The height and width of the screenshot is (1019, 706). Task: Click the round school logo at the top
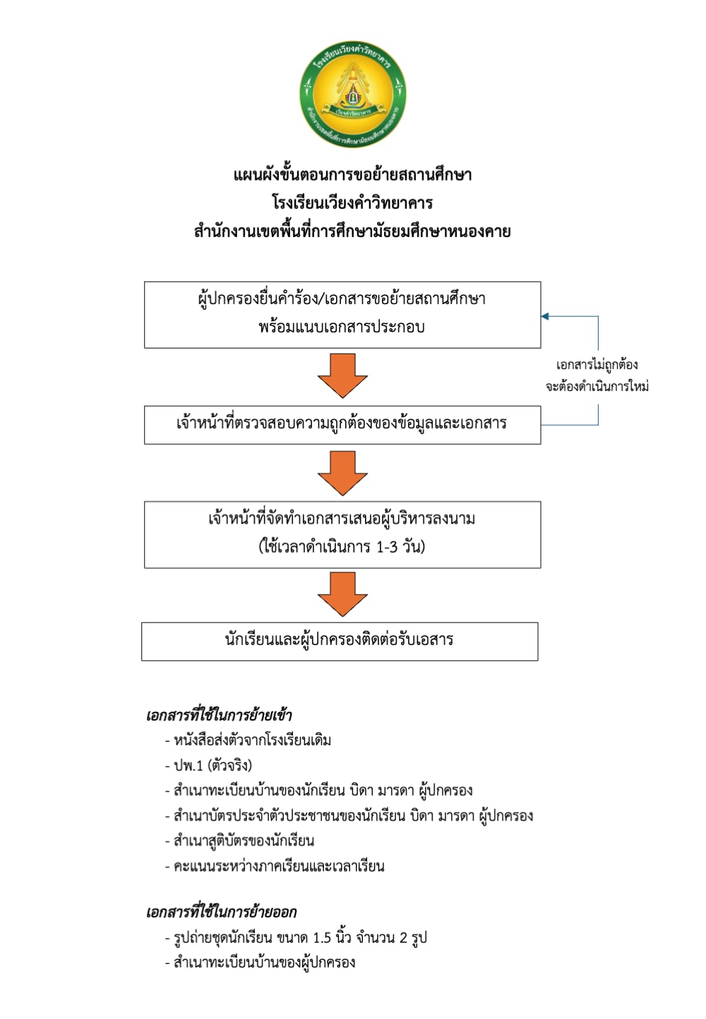pyautogui.click(x=352, y=94)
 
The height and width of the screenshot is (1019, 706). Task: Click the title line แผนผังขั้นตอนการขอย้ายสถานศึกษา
pyautogui.click(x=352, y=175)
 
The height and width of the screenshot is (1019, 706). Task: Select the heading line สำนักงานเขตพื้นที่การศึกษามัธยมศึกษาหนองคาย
pyautogui.click(x=352, y=231)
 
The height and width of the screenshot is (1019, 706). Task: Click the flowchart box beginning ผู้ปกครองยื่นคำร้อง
pyautogui.click(x=342, y=315)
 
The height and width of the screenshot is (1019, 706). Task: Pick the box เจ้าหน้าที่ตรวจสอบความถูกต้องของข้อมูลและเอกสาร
pyautogui.click(x=342, y=425)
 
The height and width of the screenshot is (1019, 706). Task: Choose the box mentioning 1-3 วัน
pyautogui.click(x=342, y=534)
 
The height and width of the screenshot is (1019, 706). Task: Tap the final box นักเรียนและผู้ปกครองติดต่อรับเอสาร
pyautogui.click(x=340, y=641)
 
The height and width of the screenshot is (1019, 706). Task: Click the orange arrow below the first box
pyautogui.click(x=342, y=375)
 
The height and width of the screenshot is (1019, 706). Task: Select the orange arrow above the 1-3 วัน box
pyautogui.click(x=342, y=473)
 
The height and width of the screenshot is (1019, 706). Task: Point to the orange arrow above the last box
pyautogui.click(x=342, y=594)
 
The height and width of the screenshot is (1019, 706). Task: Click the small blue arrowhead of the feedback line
pyautogui.click(x=545, y=316)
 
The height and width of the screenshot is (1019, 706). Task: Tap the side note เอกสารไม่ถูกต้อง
pyautogui.click(x=597, y=365)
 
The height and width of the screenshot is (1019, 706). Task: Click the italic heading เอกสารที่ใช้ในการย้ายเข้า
pyautogui.click(x=219, y=716)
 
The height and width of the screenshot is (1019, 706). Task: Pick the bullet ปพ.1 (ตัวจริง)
pyautogui.click(x=208, y=766)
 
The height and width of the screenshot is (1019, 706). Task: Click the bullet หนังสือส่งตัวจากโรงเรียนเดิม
pyautogui.click(x=248, y=740)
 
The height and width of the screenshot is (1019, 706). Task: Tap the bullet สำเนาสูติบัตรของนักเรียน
pyautogui.click(x=239, y=840)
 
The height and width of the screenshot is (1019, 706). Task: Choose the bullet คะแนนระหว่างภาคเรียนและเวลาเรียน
pyautogui.click(x=275, y=866)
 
